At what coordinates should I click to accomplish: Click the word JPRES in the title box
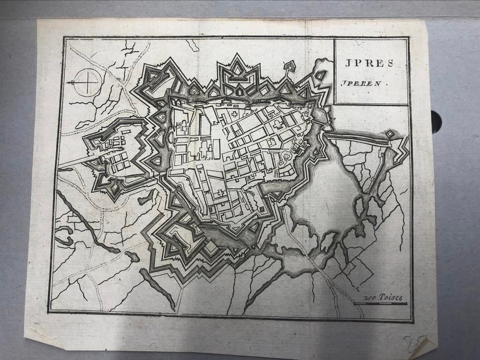point(369,63)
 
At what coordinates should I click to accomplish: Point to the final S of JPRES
point(390,63)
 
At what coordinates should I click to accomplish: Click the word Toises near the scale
point(390,297)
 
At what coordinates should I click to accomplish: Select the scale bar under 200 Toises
point(380,304)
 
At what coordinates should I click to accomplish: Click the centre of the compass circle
point(88,82)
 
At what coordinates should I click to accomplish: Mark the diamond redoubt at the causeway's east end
point(390,134)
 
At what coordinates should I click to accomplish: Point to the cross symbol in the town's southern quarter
point(218,192)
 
